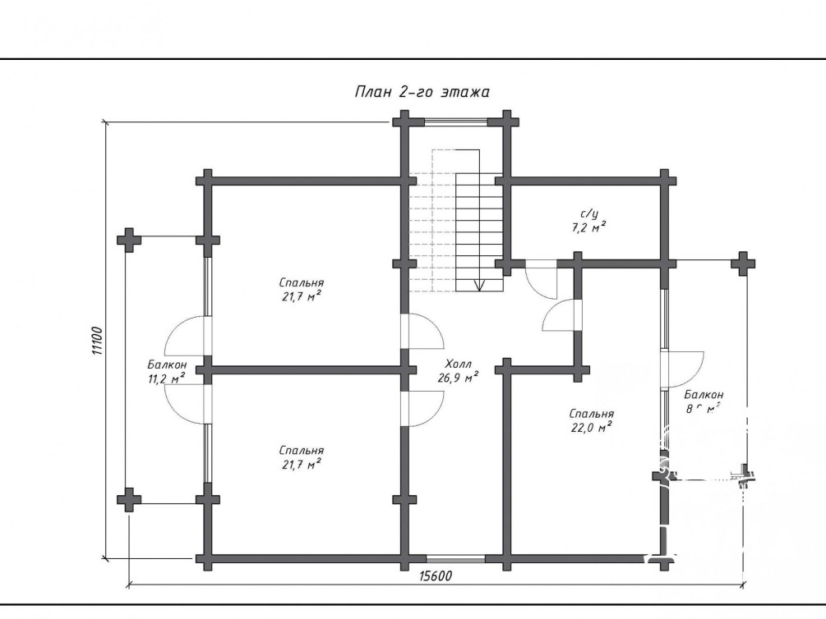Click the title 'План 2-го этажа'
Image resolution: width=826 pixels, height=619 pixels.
422,92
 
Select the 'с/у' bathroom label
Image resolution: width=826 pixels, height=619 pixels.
589,213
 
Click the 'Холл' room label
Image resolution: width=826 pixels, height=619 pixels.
459,364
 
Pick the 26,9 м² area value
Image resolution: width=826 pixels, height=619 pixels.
459,378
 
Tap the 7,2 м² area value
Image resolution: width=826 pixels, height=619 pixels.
589,227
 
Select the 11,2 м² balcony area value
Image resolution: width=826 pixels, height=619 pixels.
166,378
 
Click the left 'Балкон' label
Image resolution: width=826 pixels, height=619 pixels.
167,365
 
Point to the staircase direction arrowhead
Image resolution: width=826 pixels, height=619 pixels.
478,285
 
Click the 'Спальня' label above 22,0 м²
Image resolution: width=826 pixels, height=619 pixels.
591,414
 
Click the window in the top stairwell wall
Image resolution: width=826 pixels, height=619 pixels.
457,122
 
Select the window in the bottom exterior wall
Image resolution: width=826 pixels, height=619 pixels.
455,559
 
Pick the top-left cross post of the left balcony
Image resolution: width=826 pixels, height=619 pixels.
129,240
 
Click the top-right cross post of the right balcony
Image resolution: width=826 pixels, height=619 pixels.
744,264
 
